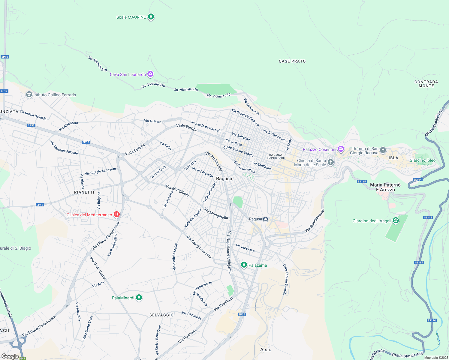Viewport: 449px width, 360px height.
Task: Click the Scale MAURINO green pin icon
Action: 151,17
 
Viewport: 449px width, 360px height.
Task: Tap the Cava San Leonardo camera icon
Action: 150,74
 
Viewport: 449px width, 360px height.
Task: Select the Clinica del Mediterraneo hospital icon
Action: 117,214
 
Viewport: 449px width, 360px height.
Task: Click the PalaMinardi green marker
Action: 139,298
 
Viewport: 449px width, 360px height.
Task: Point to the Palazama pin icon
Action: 244,265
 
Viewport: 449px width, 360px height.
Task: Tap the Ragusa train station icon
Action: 265,219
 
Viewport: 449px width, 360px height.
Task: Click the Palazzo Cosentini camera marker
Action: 341,149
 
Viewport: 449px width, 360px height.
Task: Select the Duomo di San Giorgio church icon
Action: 383,150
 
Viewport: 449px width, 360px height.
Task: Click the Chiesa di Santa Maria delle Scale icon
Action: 330,162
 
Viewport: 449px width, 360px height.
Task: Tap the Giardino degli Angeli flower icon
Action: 396,220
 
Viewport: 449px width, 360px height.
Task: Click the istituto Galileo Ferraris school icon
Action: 29,95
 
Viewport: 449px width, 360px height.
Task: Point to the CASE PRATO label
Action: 292,61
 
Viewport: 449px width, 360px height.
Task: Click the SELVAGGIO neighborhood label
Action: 161,315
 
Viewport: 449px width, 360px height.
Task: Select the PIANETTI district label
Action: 84,192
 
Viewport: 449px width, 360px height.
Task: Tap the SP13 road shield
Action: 40,205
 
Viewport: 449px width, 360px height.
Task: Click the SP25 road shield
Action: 242,314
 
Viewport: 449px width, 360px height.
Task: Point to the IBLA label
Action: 393,158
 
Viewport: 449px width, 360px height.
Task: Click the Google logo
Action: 10,356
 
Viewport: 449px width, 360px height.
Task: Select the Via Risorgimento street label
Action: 315,220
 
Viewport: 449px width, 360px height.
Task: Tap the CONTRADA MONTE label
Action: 426,84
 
